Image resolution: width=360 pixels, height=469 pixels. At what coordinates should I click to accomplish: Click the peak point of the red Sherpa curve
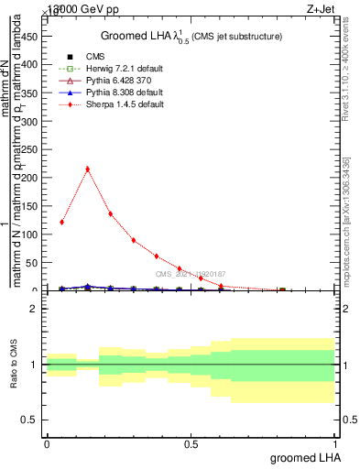[87, 169]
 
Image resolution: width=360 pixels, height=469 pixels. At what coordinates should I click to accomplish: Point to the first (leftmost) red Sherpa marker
[61, 222]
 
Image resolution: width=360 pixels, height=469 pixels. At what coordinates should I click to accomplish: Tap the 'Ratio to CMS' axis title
[13, 365]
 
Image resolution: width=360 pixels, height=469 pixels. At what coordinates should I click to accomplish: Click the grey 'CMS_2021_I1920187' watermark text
[190, 274]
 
